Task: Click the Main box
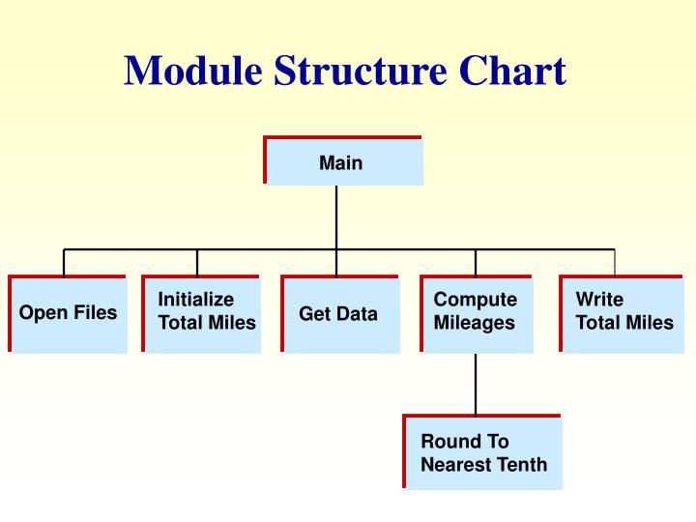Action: (343, 161)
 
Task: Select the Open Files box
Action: (68, 314)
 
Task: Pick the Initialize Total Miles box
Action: (202, 314)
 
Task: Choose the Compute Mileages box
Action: (477, 314)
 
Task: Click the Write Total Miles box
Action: (622, 314)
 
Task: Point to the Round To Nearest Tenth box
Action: (482, 453)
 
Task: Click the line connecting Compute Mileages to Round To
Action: (476, 384)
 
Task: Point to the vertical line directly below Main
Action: (336, 217)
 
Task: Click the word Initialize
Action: (196, 300)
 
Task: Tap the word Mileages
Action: (475, 323)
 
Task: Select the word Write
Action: (599, 300)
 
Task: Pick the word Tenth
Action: (523, 465)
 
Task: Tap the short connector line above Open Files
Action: (64, 262)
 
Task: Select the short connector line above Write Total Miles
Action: (615, 262)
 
